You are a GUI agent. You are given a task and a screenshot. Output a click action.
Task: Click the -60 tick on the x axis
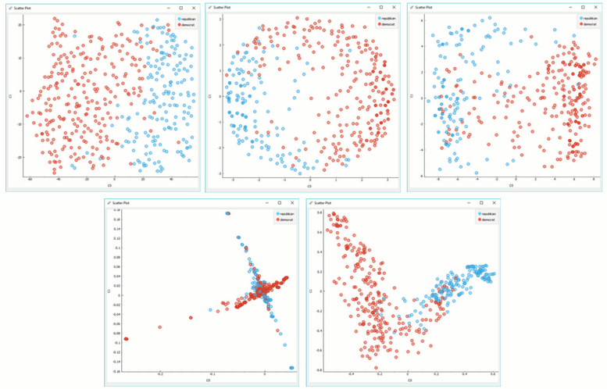30,180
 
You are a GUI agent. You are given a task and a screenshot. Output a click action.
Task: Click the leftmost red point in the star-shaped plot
126,339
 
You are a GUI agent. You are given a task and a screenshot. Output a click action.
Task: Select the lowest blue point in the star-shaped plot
292,367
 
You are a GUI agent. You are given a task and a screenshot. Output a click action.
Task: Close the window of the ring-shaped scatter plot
392,7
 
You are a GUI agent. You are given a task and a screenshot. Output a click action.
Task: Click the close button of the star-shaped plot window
292,202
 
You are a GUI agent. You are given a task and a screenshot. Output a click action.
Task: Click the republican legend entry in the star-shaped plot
285,213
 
